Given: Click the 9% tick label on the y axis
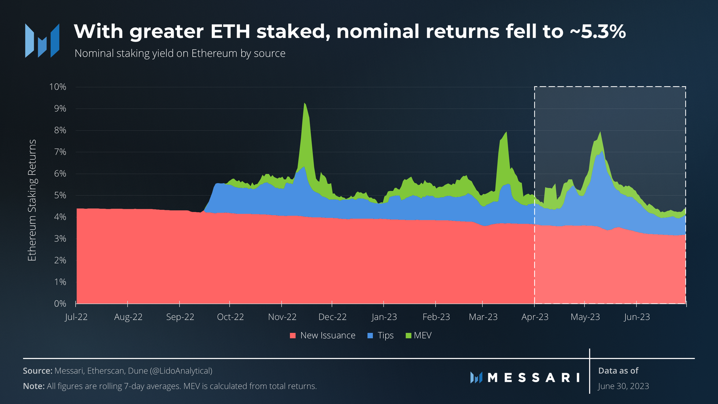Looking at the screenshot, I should click(x=58, y=109).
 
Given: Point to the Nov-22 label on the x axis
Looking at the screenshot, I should click(x=282, y=317).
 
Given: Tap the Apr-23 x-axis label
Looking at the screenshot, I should click(x=535, y=317).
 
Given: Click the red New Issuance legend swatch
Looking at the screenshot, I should click(x=293, y=336).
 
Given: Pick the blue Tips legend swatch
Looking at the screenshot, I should click(x=370, y=336).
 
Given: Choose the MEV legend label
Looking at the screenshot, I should click(x=423, y=335).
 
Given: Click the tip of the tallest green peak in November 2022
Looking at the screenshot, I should click(x=304, y=104).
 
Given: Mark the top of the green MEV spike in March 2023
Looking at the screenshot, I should click(x=506, y=132).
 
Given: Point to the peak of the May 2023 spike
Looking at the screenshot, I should click(x=600, y=132).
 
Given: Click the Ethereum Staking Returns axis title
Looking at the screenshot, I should click(x=32, y=200).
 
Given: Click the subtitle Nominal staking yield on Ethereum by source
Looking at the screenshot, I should click(x=180, y=53).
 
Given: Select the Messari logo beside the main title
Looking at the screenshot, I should click(x=42, y=41).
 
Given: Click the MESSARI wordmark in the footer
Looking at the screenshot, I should click(x=533, y=378).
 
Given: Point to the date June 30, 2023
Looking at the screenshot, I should click(x=623, y=386).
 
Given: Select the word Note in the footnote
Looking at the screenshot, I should click(x=34, y=386).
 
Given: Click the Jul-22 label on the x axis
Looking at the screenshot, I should click(x=76, y=317).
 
